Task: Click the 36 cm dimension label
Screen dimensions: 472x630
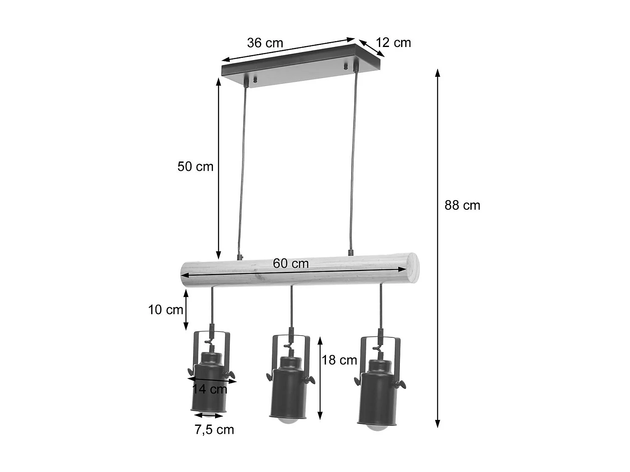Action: tap(265, 43)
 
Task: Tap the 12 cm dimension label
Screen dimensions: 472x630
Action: tap(393, 42)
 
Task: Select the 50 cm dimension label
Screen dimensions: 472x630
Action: tap(195, 167)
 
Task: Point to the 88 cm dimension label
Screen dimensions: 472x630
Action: tap(462, 205)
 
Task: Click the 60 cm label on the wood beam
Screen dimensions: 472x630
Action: tap(291, 263)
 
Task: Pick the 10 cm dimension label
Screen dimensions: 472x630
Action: tap(165, 310)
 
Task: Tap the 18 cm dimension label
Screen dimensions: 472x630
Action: tap(339, 360)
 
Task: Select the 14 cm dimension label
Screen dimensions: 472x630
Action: tap(210, 389)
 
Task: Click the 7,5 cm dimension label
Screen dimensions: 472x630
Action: tap(214, 430)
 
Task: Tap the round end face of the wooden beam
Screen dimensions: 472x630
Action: tap(412, 268)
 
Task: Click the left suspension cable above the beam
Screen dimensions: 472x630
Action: tap(242, 168)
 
